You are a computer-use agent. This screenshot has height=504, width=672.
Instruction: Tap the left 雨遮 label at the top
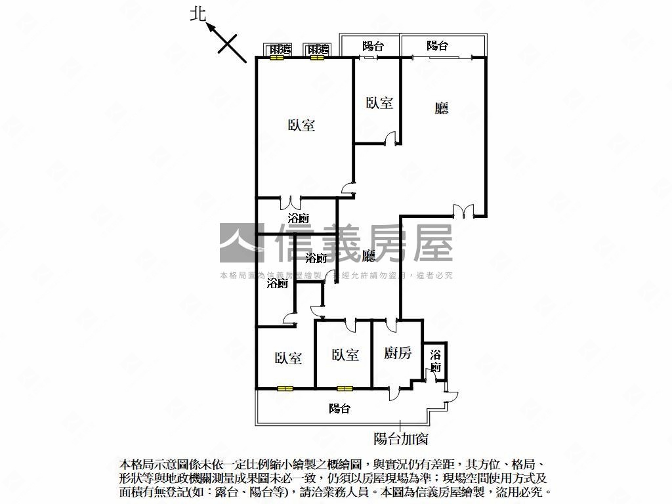280,49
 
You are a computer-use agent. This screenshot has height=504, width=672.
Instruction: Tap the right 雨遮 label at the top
318,49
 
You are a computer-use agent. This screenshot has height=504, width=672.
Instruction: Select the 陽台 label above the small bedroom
373,46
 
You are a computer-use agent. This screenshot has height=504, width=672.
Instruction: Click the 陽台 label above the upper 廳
437,46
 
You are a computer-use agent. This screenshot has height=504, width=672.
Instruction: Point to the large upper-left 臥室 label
301,125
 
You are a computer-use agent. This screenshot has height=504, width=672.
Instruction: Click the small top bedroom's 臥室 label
379,102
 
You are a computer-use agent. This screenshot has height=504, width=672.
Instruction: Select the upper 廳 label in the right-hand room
442,108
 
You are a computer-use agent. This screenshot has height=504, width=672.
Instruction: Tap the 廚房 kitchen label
398,353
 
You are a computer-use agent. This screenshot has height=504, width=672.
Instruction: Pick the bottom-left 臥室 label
288,358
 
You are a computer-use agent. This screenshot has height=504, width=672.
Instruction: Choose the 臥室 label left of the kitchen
345,354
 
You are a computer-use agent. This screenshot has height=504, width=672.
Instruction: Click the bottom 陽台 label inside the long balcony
339,408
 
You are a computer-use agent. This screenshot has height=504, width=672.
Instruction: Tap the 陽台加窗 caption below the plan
400,438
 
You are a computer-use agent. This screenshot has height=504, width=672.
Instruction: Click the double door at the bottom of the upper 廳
463,211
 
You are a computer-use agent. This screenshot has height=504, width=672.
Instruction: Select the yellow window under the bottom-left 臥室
284,388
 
